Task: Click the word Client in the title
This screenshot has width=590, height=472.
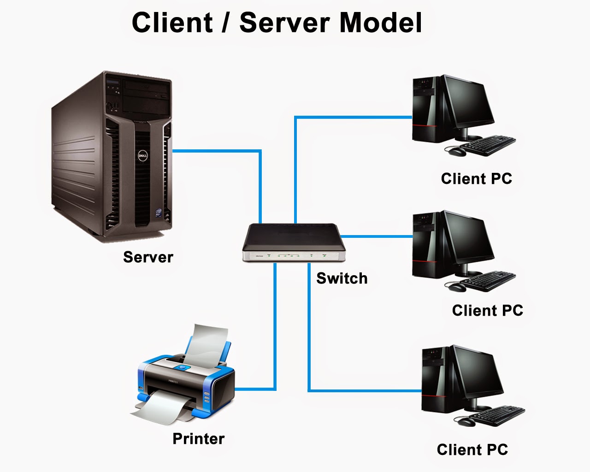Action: [x=172, y=22]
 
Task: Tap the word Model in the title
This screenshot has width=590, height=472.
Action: [x=381, y=22]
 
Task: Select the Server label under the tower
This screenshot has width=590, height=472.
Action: [x=148, y=257]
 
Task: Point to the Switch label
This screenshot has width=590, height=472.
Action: [x=342, y=278]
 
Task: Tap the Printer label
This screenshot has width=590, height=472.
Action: [x=198, y=438]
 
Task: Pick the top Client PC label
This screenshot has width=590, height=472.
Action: [x=476, y=179]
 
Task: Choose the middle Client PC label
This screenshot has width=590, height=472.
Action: [x=487, y=311]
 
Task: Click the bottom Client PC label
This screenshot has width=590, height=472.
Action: [x=472, y=450]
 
